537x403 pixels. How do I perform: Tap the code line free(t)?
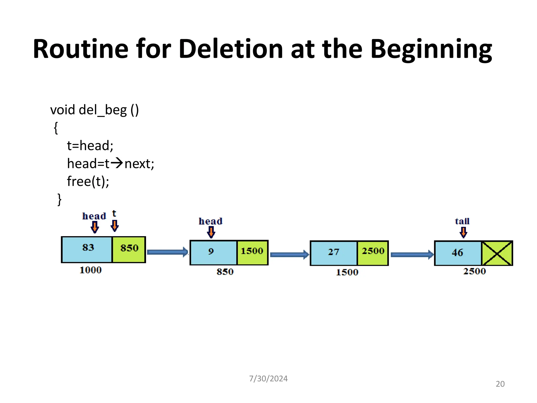pos(88,181)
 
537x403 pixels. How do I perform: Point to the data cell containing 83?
pos(87,249)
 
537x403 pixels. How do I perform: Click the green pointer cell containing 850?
pos(129,249)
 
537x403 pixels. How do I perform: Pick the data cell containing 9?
pos(213,252)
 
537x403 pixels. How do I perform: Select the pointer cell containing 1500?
pos(252,252)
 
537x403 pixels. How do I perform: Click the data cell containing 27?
pos(334,253)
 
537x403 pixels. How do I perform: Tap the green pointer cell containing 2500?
pos(373,253)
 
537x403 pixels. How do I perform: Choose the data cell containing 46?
pos(458,253)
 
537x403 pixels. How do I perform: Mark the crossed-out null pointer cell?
pos(497,253)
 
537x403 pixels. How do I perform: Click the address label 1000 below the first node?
pos(90,270)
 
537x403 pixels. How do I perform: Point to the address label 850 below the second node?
pos(225,272)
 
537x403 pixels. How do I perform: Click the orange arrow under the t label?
pos(115,225)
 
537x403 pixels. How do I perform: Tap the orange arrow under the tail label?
pos(463,232)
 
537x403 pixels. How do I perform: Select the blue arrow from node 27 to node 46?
pos(412,254)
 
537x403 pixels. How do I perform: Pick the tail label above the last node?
pos(462,221)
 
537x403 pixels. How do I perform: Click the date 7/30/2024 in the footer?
pos(268,378)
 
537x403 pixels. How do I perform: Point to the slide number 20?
pos(500,384)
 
